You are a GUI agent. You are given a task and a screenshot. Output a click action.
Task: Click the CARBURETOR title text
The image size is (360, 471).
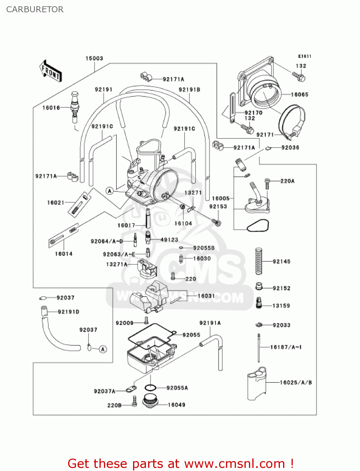coord(35,9)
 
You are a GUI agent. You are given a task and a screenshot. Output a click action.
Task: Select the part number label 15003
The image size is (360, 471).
coord(94,58)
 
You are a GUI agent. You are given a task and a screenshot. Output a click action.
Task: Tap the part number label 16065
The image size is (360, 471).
coord(299,95)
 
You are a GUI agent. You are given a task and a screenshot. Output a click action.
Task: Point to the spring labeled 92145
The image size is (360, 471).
coord(258,261)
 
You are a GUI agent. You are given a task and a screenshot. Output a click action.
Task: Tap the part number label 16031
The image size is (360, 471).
coord(206,296)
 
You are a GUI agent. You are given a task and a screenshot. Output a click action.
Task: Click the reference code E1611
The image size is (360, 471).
coord(304,56)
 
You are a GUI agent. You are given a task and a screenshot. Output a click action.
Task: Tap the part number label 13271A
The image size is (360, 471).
coord(117,264)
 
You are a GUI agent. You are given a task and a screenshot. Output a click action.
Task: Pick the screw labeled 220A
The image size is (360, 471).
coord(267,183)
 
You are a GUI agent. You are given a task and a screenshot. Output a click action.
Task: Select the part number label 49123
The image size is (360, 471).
coord(169,240)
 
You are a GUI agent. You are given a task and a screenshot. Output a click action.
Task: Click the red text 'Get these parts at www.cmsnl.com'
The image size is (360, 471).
coord(180,463)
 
